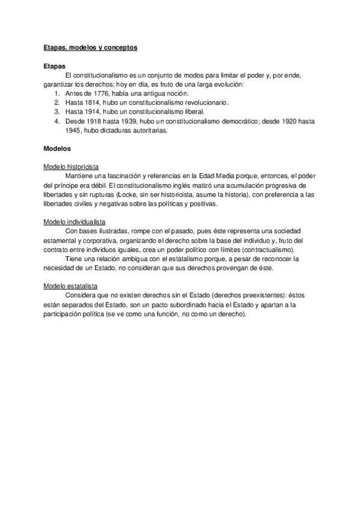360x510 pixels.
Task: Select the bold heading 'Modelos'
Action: tap(58, 148)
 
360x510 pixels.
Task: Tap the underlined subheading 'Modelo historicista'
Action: tap(72, 166)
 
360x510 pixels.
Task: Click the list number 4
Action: tap(56, 120)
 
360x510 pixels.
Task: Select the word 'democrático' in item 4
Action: tap(239, 120)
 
